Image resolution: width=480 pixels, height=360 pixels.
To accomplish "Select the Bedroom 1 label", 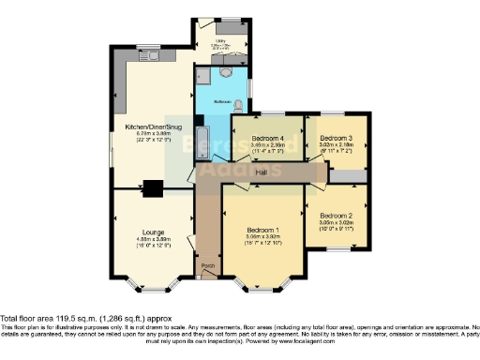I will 263,230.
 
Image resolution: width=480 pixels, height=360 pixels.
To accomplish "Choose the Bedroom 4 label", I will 266,139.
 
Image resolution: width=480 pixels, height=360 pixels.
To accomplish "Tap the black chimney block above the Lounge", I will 151,187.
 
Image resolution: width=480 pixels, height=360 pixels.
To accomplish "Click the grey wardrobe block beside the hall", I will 349,176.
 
